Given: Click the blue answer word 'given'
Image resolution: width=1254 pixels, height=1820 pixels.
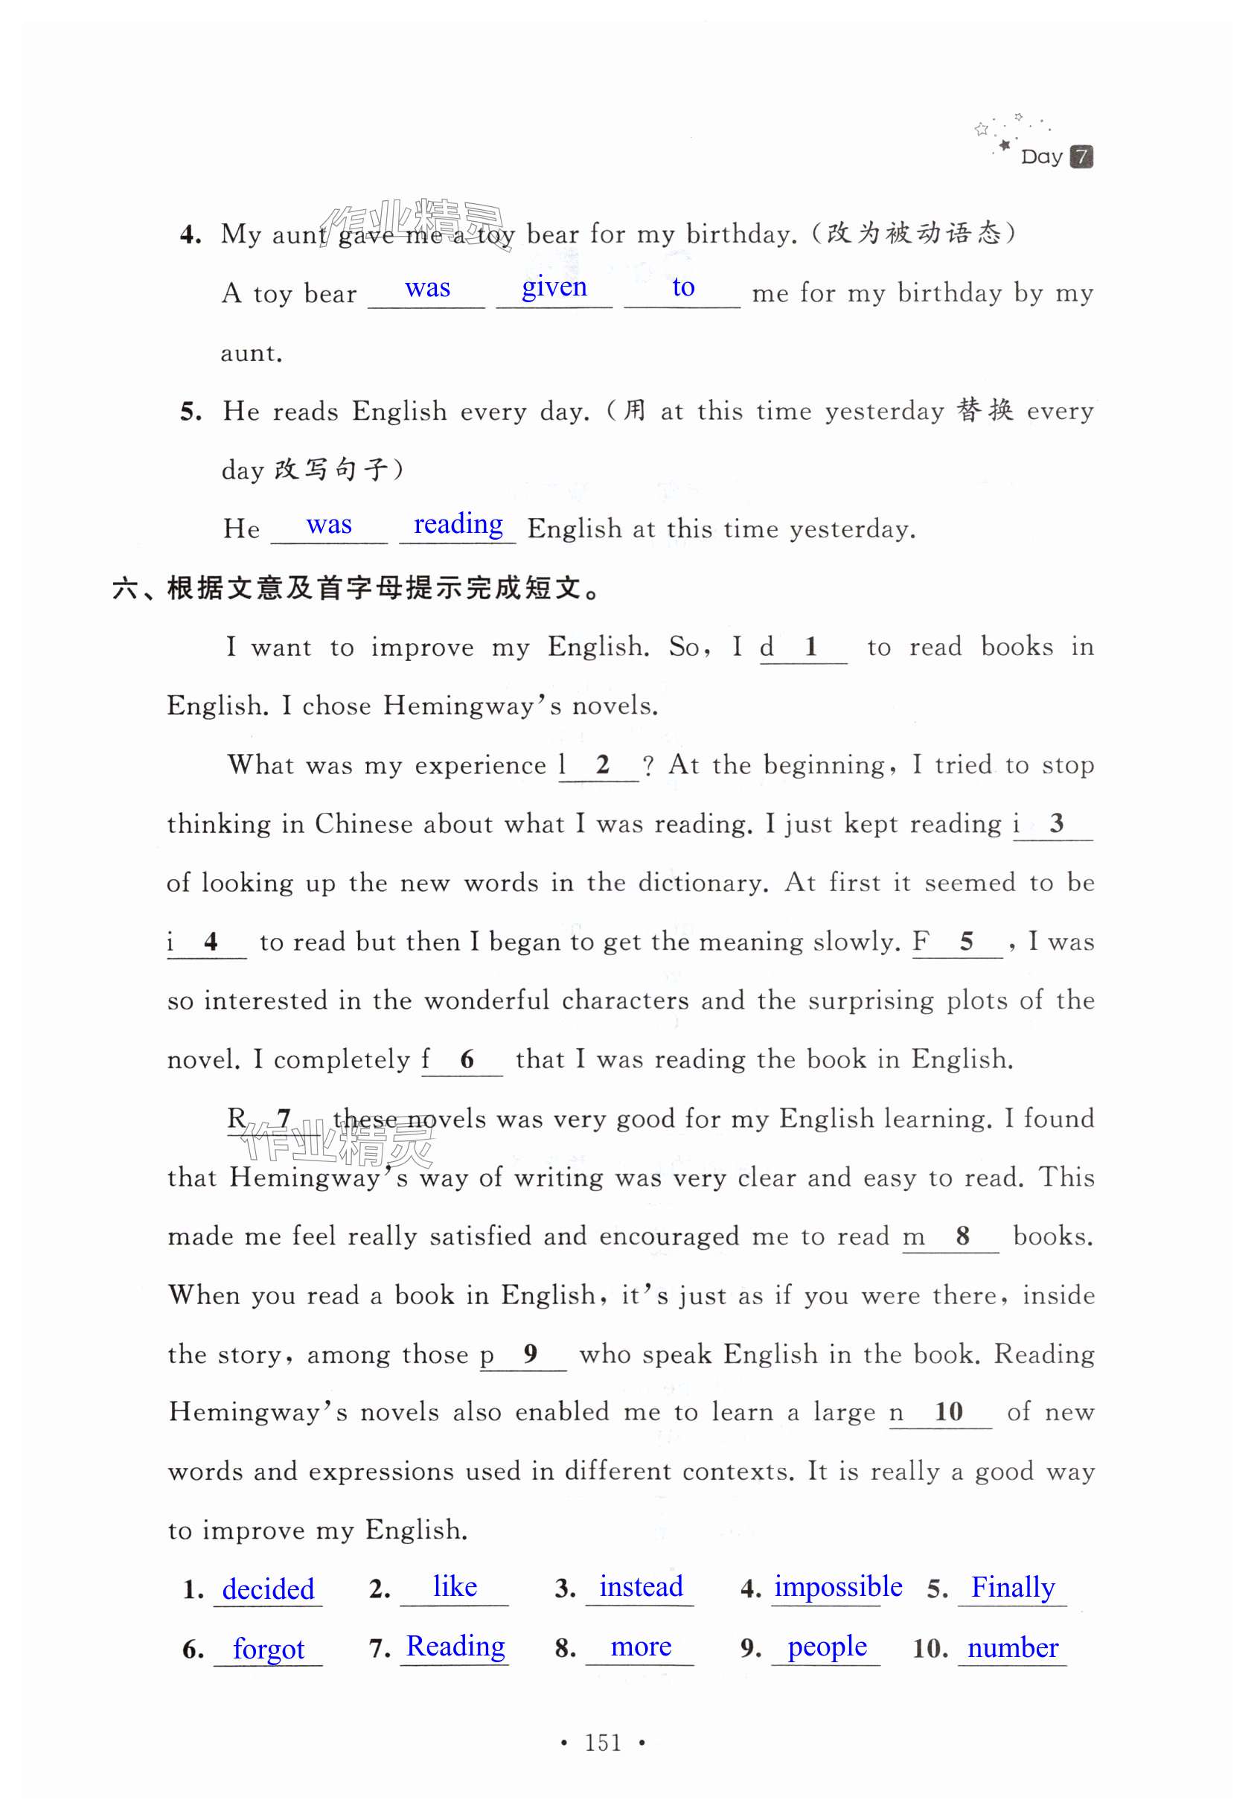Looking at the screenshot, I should (x=554, y=287).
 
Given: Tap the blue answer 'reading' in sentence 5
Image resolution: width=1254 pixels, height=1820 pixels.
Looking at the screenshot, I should (x=458, y=524).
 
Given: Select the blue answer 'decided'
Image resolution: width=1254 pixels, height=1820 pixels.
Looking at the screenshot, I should (x=268, y=1589).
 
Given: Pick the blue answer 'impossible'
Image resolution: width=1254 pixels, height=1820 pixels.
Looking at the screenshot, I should (x=837, y=1586).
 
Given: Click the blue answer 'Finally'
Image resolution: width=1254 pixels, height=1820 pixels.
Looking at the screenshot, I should (x=1012, y=1588).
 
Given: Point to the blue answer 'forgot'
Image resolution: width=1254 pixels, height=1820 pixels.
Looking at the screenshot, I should (x=268, y=1649).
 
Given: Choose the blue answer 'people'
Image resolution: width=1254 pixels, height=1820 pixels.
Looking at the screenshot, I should (x=827, y=1647).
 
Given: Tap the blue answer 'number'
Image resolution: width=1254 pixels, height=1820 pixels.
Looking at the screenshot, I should (x=1012, y=1647).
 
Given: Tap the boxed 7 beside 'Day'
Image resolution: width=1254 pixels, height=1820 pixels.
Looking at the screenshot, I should (x=1081, y=156).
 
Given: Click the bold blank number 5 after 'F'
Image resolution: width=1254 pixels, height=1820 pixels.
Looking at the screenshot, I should (x=967, y=941).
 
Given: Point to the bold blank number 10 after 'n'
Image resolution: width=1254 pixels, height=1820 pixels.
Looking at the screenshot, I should (x=948, y=1411).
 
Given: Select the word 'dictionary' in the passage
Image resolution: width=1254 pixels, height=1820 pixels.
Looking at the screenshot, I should (x=702, y=883).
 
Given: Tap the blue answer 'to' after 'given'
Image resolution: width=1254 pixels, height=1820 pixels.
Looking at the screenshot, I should (x=682, y=287).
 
